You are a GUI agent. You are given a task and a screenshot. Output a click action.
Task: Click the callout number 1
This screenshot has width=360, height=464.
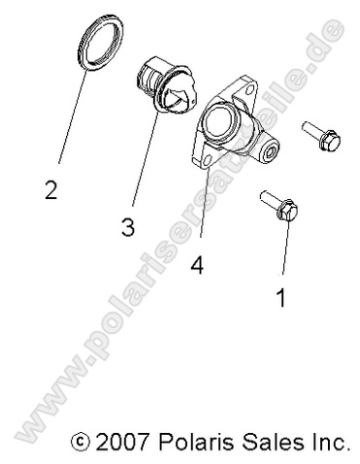pyautogui.click(x=282, y=298)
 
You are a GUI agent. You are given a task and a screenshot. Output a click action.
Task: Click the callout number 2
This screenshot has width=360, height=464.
pyautogui.click(x=50, y=189)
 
